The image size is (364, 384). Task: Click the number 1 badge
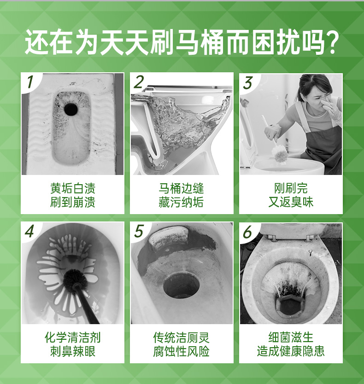point(30,82)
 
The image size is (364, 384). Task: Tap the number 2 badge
point(139,82)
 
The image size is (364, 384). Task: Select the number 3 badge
point(248,83)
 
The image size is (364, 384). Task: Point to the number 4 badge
point(29,231)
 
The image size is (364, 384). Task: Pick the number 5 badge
point(139,231)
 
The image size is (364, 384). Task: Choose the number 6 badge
point(247,232)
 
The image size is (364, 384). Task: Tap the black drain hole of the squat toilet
point(71,109)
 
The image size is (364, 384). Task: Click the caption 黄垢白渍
point(73,188)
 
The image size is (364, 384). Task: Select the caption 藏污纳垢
point(181,203)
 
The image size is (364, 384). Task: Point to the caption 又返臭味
point(291,203)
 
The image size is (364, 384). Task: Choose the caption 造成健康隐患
point(291,351)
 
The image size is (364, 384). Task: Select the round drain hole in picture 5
point(182,286)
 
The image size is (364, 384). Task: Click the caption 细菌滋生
point(291,337)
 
